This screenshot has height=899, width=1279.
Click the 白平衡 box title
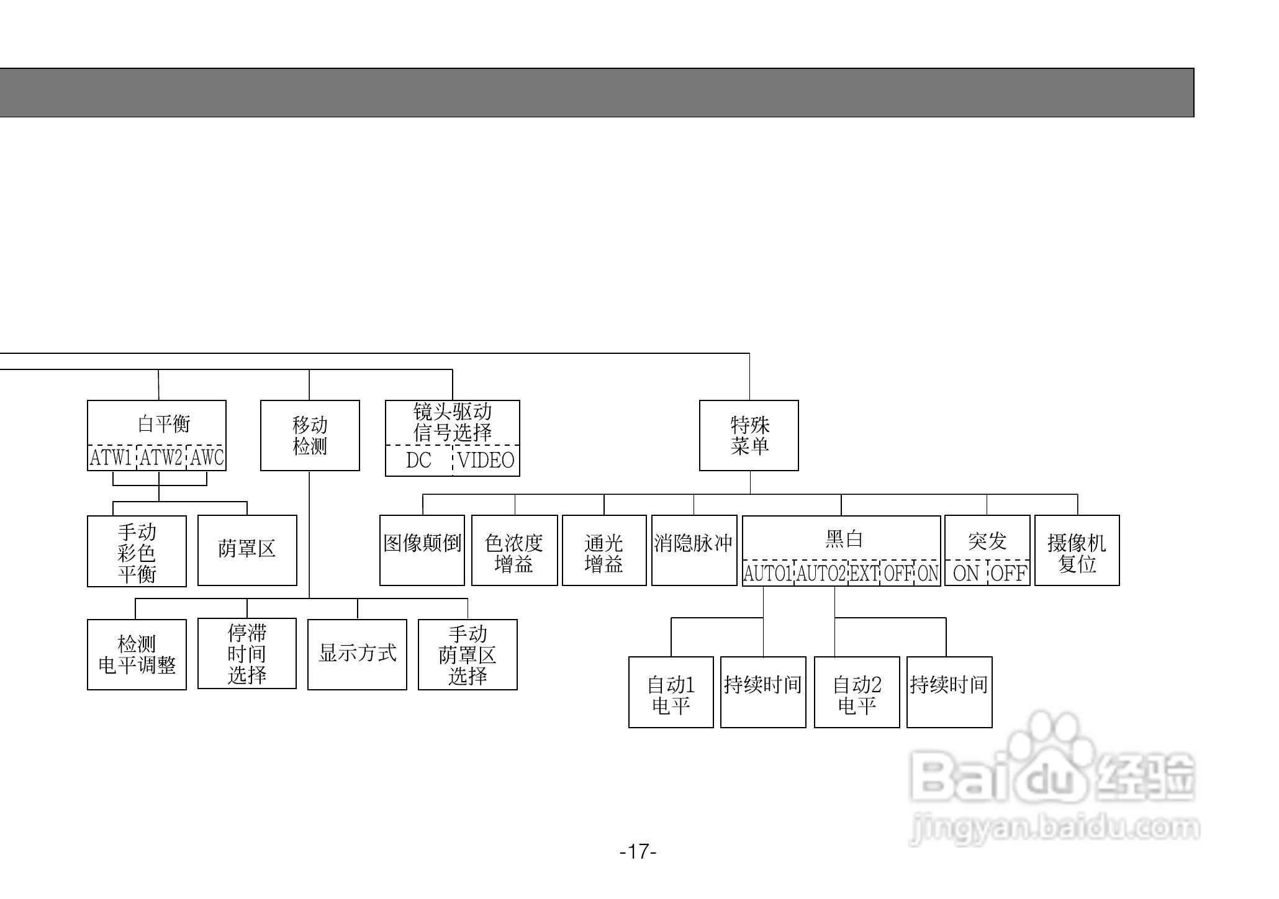(x=163, y=424)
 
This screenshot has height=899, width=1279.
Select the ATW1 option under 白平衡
(x=111, y=458)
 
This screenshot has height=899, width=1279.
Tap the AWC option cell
(x=206, y=458)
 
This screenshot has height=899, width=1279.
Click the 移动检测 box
(x=310, y=435)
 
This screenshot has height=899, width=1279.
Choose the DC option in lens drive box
(x=418, y=461)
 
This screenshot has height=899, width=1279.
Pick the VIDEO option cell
(x=486, y=461)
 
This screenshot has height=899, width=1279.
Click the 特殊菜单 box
(x=749, y=435)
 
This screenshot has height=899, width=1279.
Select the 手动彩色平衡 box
(x=137, y=551)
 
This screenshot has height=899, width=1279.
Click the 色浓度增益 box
(x=514, y=551)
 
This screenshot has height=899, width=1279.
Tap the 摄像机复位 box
(x=1077, y=551)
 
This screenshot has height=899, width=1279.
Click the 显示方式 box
(x=357, y=654)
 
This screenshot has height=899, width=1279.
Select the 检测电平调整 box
(x=137, y=654)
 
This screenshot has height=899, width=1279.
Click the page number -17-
(x=638, y=851)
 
